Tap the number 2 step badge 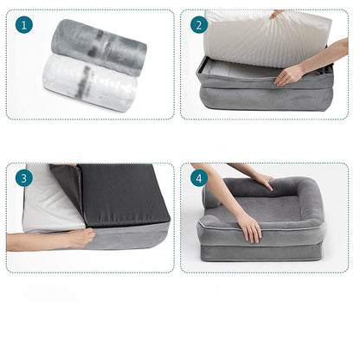click(198, 25)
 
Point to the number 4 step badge click(198, 178)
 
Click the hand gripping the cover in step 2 click(291, 75)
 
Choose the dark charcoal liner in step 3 click(112, 196)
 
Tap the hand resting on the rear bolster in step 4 click(261, 181)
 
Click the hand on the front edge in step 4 click(249, 227)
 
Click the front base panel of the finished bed click(260, 252)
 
